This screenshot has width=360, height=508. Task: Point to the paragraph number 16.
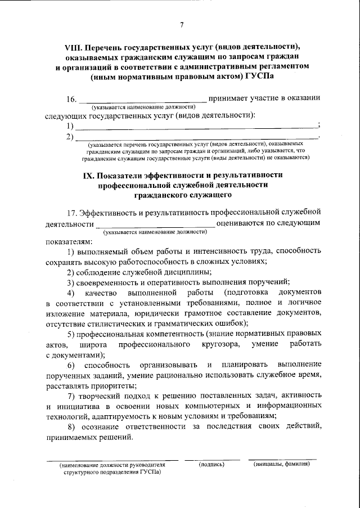(x=71, y=98)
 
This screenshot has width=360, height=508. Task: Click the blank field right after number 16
(x=142, y=100)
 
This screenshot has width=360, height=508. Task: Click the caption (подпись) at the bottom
(x=211, y=464)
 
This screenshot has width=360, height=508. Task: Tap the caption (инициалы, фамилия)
(x=281, y=464)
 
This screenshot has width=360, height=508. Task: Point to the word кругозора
(x=218, y=343)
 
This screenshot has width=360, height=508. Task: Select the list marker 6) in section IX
(x=71, y=365)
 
